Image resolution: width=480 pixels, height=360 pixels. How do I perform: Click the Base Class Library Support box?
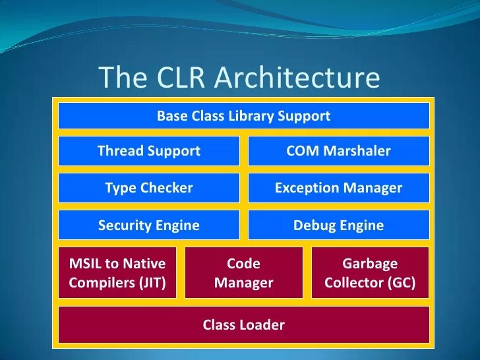point(243,116)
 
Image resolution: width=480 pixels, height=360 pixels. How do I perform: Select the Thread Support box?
point(149,151)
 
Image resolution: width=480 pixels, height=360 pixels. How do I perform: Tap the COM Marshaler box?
point(338,151)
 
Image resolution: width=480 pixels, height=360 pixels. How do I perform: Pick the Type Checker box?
point(149,188)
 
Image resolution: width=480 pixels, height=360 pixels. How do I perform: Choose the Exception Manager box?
point(338,188)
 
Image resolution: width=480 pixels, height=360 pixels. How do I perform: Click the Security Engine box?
point(149,225)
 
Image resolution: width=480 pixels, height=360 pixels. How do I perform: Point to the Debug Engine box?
point(338,225)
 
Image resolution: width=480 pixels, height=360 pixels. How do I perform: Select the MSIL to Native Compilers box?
point(117,273)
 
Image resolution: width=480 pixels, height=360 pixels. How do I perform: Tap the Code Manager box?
point(243,273)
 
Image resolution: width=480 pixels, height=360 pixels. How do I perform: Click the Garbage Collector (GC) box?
point(370,273)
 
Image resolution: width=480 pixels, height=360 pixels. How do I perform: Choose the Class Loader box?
point(243,324)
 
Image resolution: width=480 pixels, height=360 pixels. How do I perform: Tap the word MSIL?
point(84,264)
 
